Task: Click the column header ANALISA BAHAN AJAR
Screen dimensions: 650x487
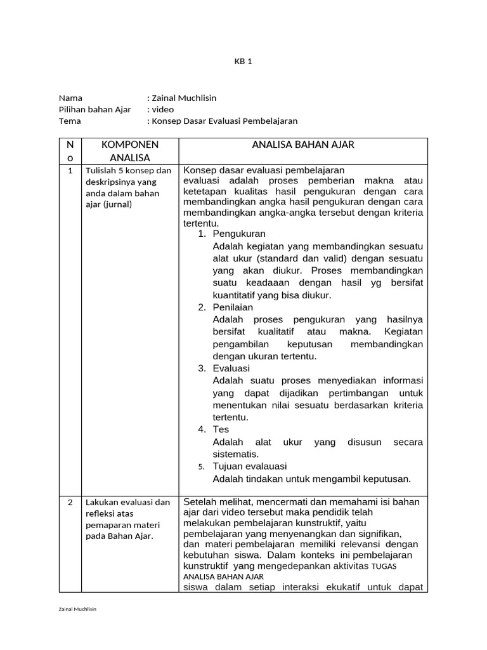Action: pyautogui.click(x=303, y=145)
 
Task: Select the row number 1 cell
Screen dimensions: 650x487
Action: pyautogui.click(x=70, y=171)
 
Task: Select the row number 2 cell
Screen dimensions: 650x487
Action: pyautogui.click(x=70, y=502)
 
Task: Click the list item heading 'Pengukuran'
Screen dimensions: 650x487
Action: pyautogui.click(x=239, y=234)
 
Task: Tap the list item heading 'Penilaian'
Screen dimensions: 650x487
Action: pyautogui.click(x=233, y=307)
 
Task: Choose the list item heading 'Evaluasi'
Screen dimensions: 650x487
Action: pyautogui.click(x=231, y=368)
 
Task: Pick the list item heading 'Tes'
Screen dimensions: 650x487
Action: pyautogui.click(x=221, y=429)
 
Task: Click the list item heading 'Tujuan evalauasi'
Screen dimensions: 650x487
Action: pyautogui.click(x=250, y=466)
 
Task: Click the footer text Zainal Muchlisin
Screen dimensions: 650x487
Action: pyautogui.click(x=77, y=609)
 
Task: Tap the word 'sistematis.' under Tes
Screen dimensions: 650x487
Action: pyautogui.click(x=236, y=454)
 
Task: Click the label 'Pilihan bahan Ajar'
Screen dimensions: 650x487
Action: pyautogui.click(x=94, y=109)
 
